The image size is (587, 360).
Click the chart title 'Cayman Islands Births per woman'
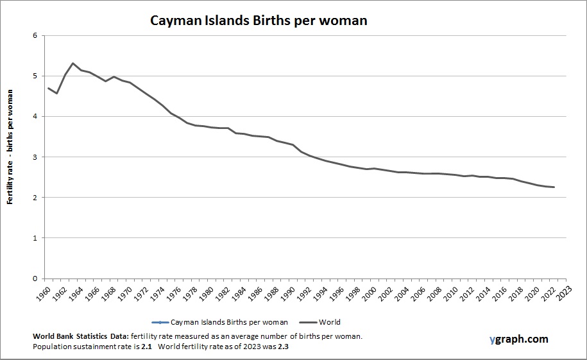259,20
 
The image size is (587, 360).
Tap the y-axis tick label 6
35,35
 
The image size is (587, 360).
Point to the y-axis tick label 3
35,157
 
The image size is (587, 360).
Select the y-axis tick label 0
35,279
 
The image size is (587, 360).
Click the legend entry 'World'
329,322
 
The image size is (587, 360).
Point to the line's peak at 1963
73,63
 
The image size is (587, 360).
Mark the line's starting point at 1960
48,88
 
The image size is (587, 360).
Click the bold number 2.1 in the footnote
146,347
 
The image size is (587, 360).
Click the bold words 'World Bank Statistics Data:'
80,336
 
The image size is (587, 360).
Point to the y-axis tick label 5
35,76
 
